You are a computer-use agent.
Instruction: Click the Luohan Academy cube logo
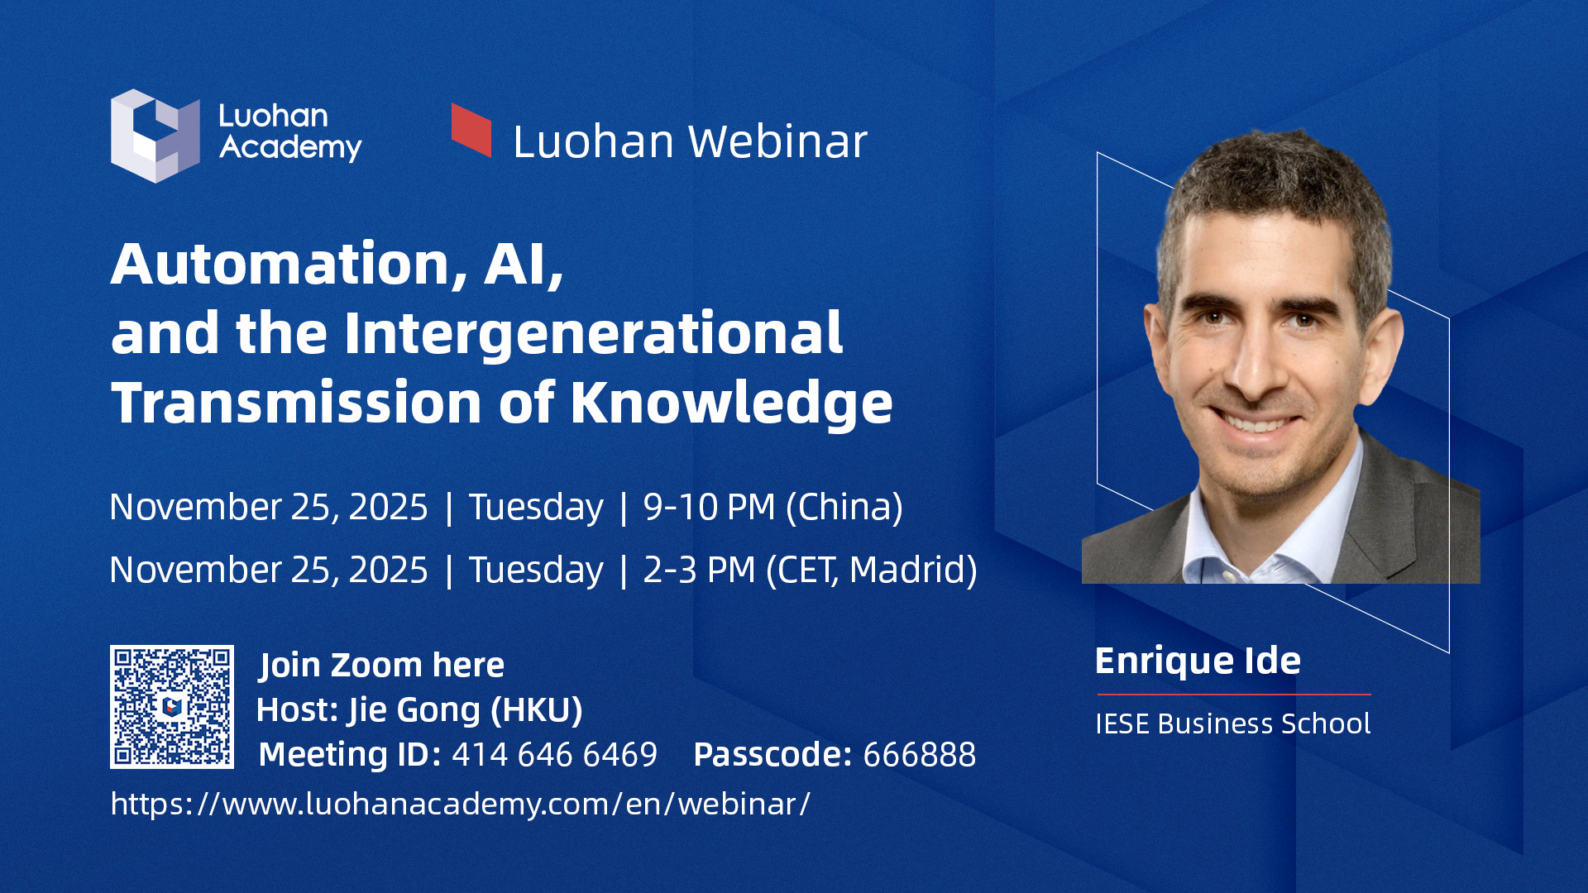155,136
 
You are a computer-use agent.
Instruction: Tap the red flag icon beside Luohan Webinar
471,130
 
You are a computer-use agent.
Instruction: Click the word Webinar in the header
778,141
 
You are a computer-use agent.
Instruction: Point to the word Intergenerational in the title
593,335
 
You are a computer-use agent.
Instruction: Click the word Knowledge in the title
732,404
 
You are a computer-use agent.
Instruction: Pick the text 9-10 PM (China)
773,507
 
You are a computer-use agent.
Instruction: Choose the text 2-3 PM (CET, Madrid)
811,570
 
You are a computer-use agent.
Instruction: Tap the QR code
172,707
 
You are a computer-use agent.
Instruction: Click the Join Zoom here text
381,666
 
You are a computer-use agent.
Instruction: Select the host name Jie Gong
414,711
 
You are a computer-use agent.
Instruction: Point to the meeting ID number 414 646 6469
554,755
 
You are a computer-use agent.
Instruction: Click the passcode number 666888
919,755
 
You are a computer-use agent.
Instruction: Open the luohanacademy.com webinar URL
461,804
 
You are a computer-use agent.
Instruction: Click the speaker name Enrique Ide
1198,661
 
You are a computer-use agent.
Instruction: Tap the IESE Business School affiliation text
1232,723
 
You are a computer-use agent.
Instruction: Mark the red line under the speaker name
1233,695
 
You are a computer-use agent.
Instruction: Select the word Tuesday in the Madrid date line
536,571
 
